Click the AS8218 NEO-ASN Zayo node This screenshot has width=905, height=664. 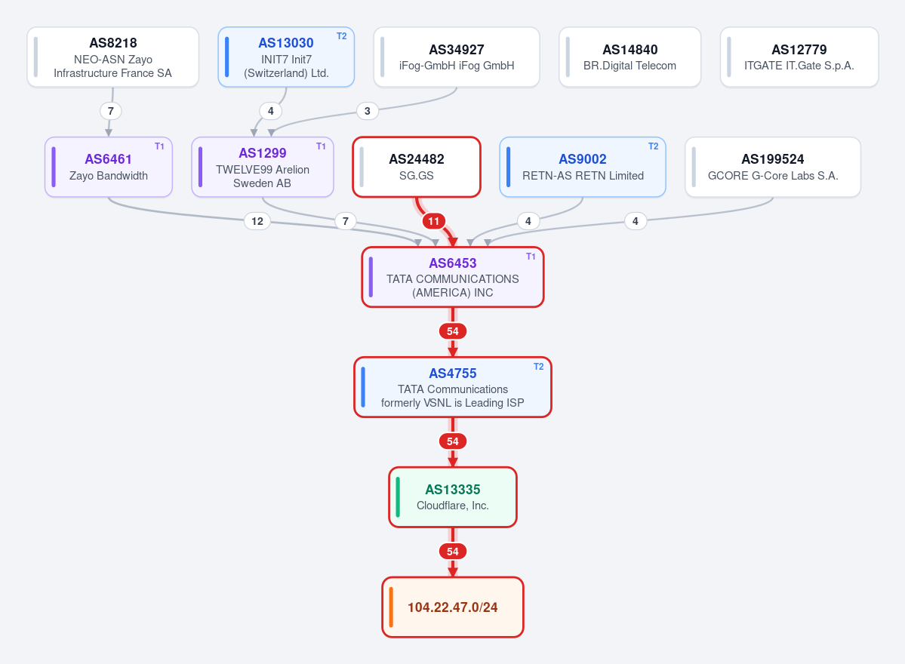[113, 57]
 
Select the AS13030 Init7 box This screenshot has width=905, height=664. [286, 57]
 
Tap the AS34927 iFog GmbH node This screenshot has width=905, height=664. [457, 57]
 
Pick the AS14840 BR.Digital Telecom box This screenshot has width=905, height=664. [629, 57]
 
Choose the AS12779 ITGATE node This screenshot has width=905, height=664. [799, 57]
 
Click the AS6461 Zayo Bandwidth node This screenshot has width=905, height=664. [109, 168]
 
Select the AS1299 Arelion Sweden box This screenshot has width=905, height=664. [263, 168]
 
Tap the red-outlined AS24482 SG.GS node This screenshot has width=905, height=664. [417, 168]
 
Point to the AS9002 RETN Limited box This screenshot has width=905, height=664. [583, 168]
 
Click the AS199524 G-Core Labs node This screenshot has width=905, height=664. [773, 168]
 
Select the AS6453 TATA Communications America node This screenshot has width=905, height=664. [453, 278]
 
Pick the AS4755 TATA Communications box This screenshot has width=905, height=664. [453, 387]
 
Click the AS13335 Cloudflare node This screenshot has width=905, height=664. [453, 497]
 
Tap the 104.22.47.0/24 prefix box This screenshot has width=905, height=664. [453, 607]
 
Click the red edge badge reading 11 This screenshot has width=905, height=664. [434, 221]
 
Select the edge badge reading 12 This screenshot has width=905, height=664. [257, 221]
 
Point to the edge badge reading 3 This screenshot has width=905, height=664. [368, 111]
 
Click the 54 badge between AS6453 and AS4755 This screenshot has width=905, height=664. [453, 331]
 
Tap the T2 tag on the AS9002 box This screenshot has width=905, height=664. [654, 146]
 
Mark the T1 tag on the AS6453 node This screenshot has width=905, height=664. [531, 257]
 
